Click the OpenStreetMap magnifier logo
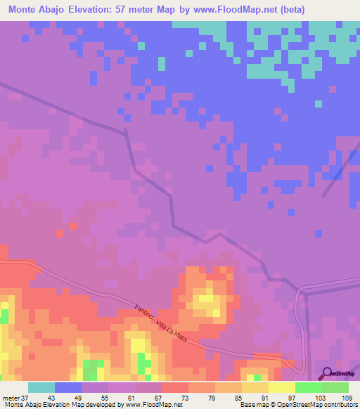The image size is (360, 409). pos(326,372)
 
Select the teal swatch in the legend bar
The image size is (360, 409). pos(41,388)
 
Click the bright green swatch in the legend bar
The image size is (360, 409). pos(309,388)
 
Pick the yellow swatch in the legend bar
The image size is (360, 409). pos(282,388)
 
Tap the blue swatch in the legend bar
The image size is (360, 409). pos(68,388)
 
